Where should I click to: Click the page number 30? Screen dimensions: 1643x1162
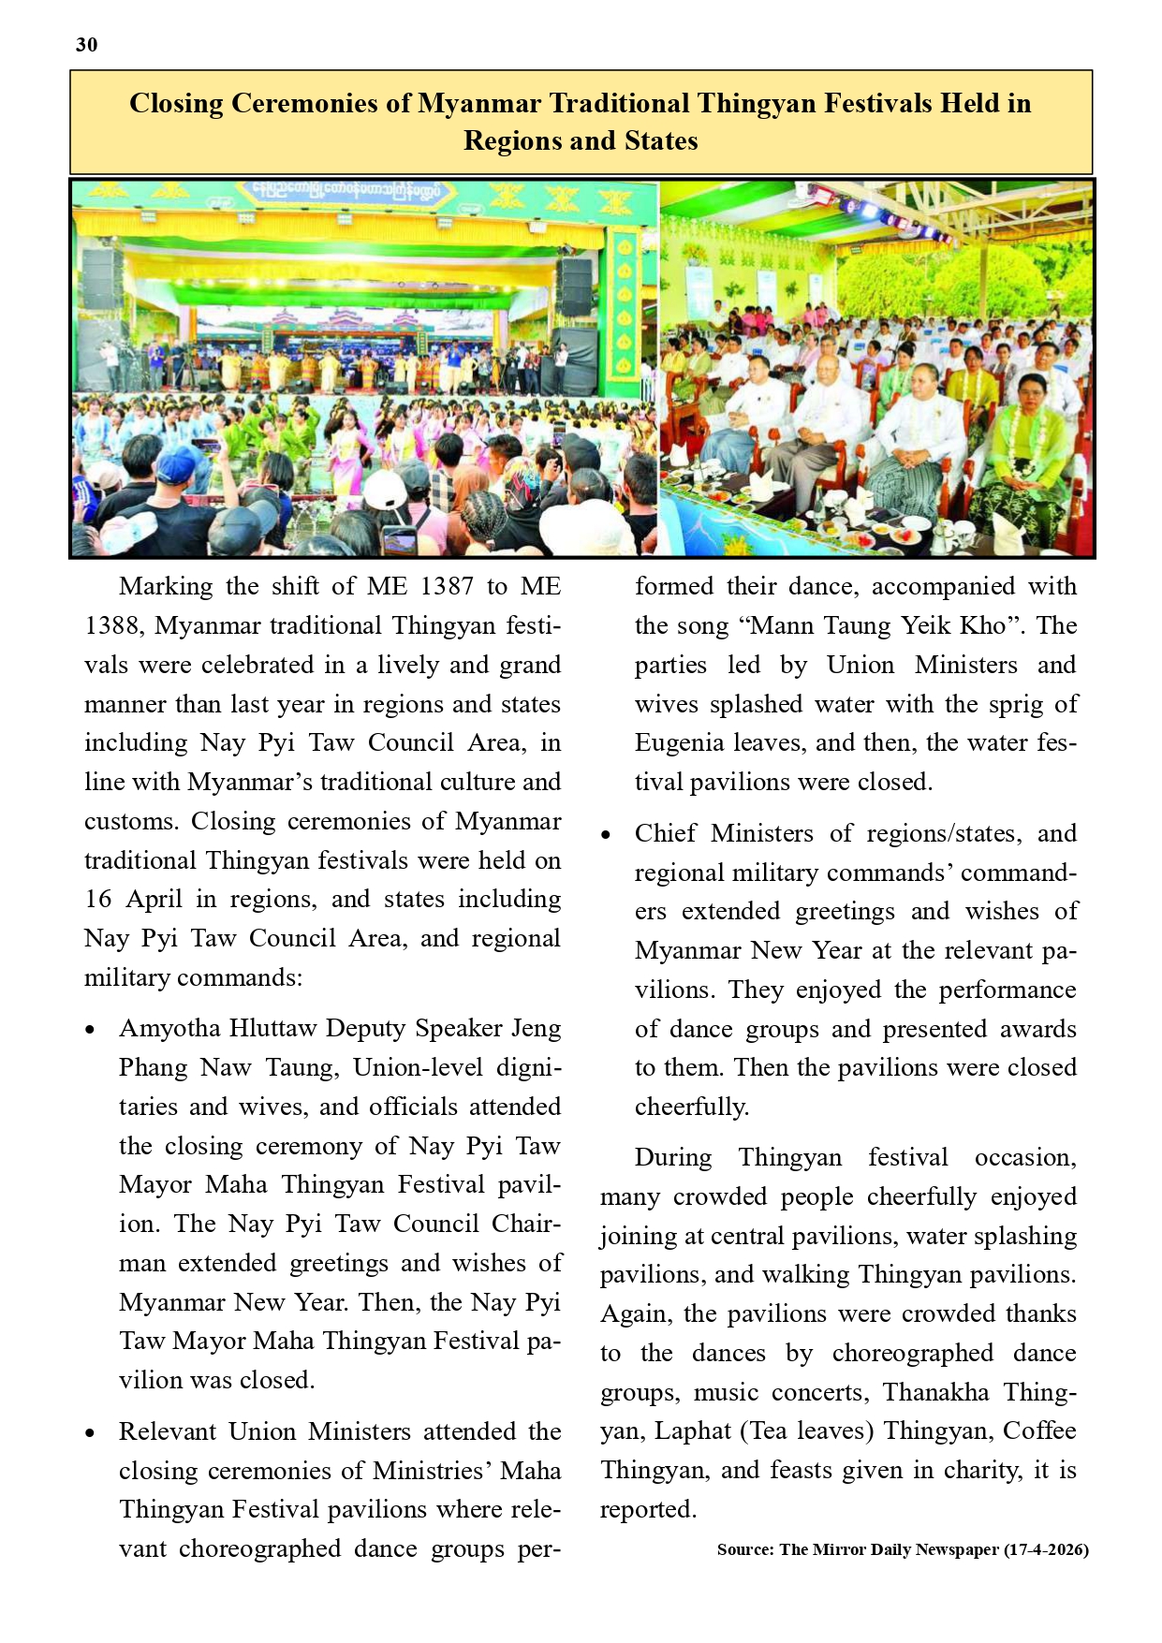86,45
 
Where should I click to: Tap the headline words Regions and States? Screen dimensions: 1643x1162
581,141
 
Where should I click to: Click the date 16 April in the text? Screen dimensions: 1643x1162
133,900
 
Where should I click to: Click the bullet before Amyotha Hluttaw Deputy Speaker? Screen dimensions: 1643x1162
90,1030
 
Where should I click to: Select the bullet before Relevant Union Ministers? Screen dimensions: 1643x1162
90,1433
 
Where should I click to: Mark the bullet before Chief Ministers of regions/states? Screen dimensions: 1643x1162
606,835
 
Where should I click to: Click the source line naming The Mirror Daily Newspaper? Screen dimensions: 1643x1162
902,1550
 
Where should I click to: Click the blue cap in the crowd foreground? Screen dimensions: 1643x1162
181,462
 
